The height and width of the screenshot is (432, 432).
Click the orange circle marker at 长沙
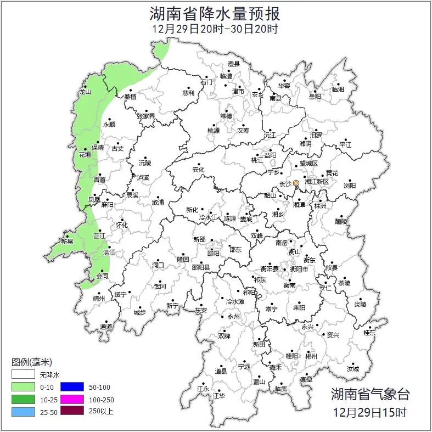(296, 183)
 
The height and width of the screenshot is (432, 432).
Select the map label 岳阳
(315, 97)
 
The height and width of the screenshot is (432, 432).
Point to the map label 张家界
(146, 116)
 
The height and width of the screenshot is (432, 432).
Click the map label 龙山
(85, 92)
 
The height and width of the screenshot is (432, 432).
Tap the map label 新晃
(67, 241)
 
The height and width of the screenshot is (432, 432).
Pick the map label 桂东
(369, 333)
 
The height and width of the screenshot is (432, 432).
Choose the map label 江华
(219, 395)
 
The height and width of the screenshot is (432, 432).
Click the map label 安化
(198, 170)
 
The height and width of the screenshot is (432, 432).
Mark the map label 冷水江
(208, 218)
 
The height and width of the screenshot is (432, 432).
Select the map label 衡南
(289, 285)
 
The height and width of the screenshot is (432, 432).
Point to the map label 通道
(106, 327)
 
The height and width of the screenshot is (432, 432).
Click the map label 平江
(345, 144)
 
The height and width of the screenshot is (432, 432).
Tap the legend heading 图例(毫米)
(32, 362)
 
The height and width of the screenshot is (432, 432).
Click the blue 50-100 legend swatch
(71, 387)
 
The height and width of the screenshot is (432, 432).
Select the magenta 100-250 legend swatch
(71, 399)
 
